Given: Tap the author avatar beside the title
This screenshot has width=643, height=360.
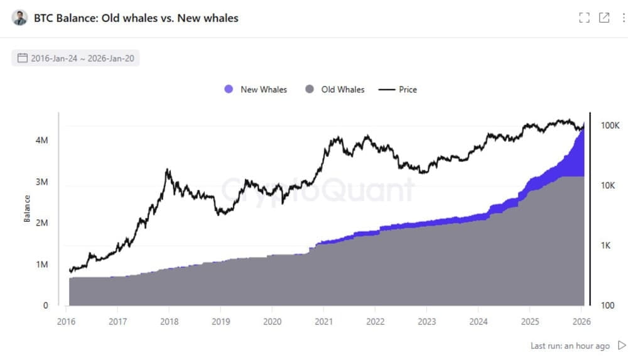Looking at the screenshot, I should coord(20,18).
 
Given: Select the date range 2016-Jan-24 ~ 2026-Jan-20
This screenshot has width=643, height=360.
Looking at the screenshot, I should coord(75,58).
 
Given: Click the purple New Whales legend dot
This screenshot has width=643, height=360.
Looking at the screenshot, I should coord(229,90).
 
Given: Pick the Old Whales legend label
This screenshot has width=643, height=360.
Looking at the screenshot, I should coord(342,90).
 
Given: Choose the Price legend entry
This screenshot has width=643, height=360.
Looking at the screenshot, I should coord(408,90).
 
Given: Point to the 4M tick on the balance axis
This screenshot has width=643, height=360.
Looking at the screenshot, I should coord(41,141).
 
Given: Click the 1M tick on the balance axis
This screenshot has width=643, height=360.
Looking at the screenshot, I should coord(41,265).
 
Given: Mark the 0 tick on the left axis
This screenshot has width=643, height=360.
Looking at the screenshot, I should coord(45,306).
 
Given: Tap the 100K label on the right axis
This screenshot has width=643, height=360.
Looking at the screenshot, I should coord(610,126).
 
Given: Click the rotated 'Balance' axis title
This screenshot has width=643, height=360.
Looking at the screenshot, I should coord(27,209).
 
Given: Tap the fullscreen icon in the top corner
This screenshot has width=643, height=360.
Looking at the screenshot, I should coord(585,18).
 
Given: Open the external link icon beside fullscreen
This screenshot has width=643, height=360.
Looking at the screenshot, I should coord(604,18).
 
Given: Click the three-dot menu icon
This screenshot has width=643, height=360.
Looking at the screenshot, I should coord(624,18).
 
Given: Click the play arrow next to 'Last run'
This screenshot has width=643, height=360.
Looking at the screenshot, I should coord(622,346).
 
